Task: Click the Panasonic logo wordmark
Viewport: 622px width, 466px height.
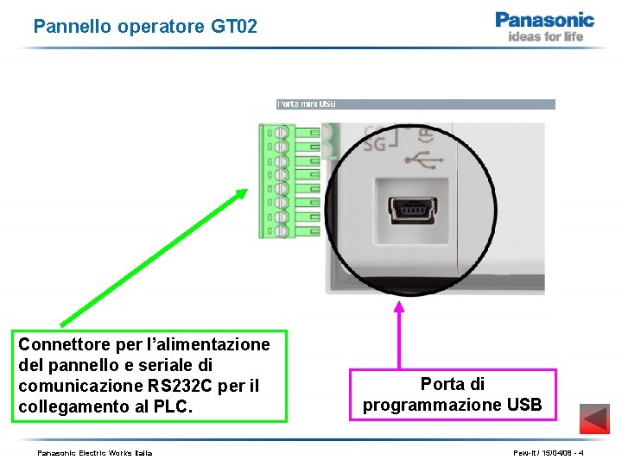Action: coord(544,20)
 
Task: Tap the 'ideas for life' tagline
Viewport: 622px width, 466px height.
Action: coord(545,36)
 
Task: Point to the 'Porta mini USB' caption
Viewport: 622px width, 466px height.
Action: coord(306,104)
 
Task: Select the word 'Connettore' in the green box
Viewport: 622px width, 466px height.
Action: coord(60,344)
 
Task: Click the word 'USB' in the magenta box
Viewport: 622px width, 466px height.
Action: coord(525,405)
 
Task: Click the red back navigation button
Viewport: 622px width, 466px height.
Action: coord(593,419)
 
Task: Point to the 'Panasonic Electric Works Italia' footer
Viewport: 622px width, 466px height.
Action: coord(94,453)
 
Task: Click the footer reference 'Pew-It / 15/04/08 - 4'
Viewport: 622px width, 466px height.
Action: coord(547,453)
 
